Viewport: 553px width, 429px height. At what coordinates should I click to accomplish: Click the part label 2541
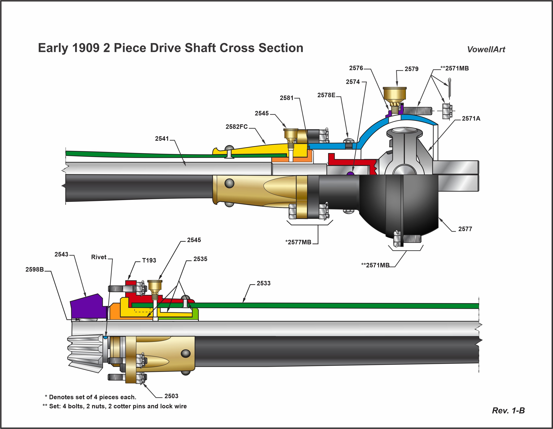pyautogui.click(x=162, y=139)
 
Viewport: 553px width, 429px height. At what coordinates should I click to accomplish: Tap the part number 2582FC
pyautogui.click(x=237, y=127)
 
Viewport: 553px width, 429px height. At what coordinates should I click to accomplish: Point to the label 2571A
pyautogui.click(x=471, y=119)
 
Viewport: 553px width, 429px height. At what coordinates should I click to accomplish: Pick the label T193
pyautogui.click(x=149, y=260)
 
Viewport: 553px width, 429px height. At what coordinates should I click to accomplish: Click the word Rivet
pyautogui.click(x=99, y=257)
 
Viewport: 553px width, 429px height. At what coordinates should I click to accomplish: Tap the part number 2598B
pyautogui.click(x=35, y=269)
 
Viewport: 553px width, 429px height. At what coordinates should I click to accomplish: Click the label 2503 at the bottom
pyautogui.click(x=171, y=396)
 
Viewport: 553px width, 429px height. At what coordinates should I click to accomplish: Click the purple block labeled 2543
pyautogui.click(x=87, y=306)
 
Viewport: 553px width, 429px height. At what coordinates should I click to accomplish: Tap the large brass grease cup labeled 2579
pyautogui.click(x=394, y=94)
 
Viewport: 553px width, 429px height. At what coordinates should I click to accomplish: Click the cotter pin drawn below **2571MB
pyautogui.click(x=450, y=87)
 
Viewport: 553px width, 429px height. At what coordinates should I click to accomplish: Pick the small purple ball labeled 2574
pyautogui.click(x=350, y=173)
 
